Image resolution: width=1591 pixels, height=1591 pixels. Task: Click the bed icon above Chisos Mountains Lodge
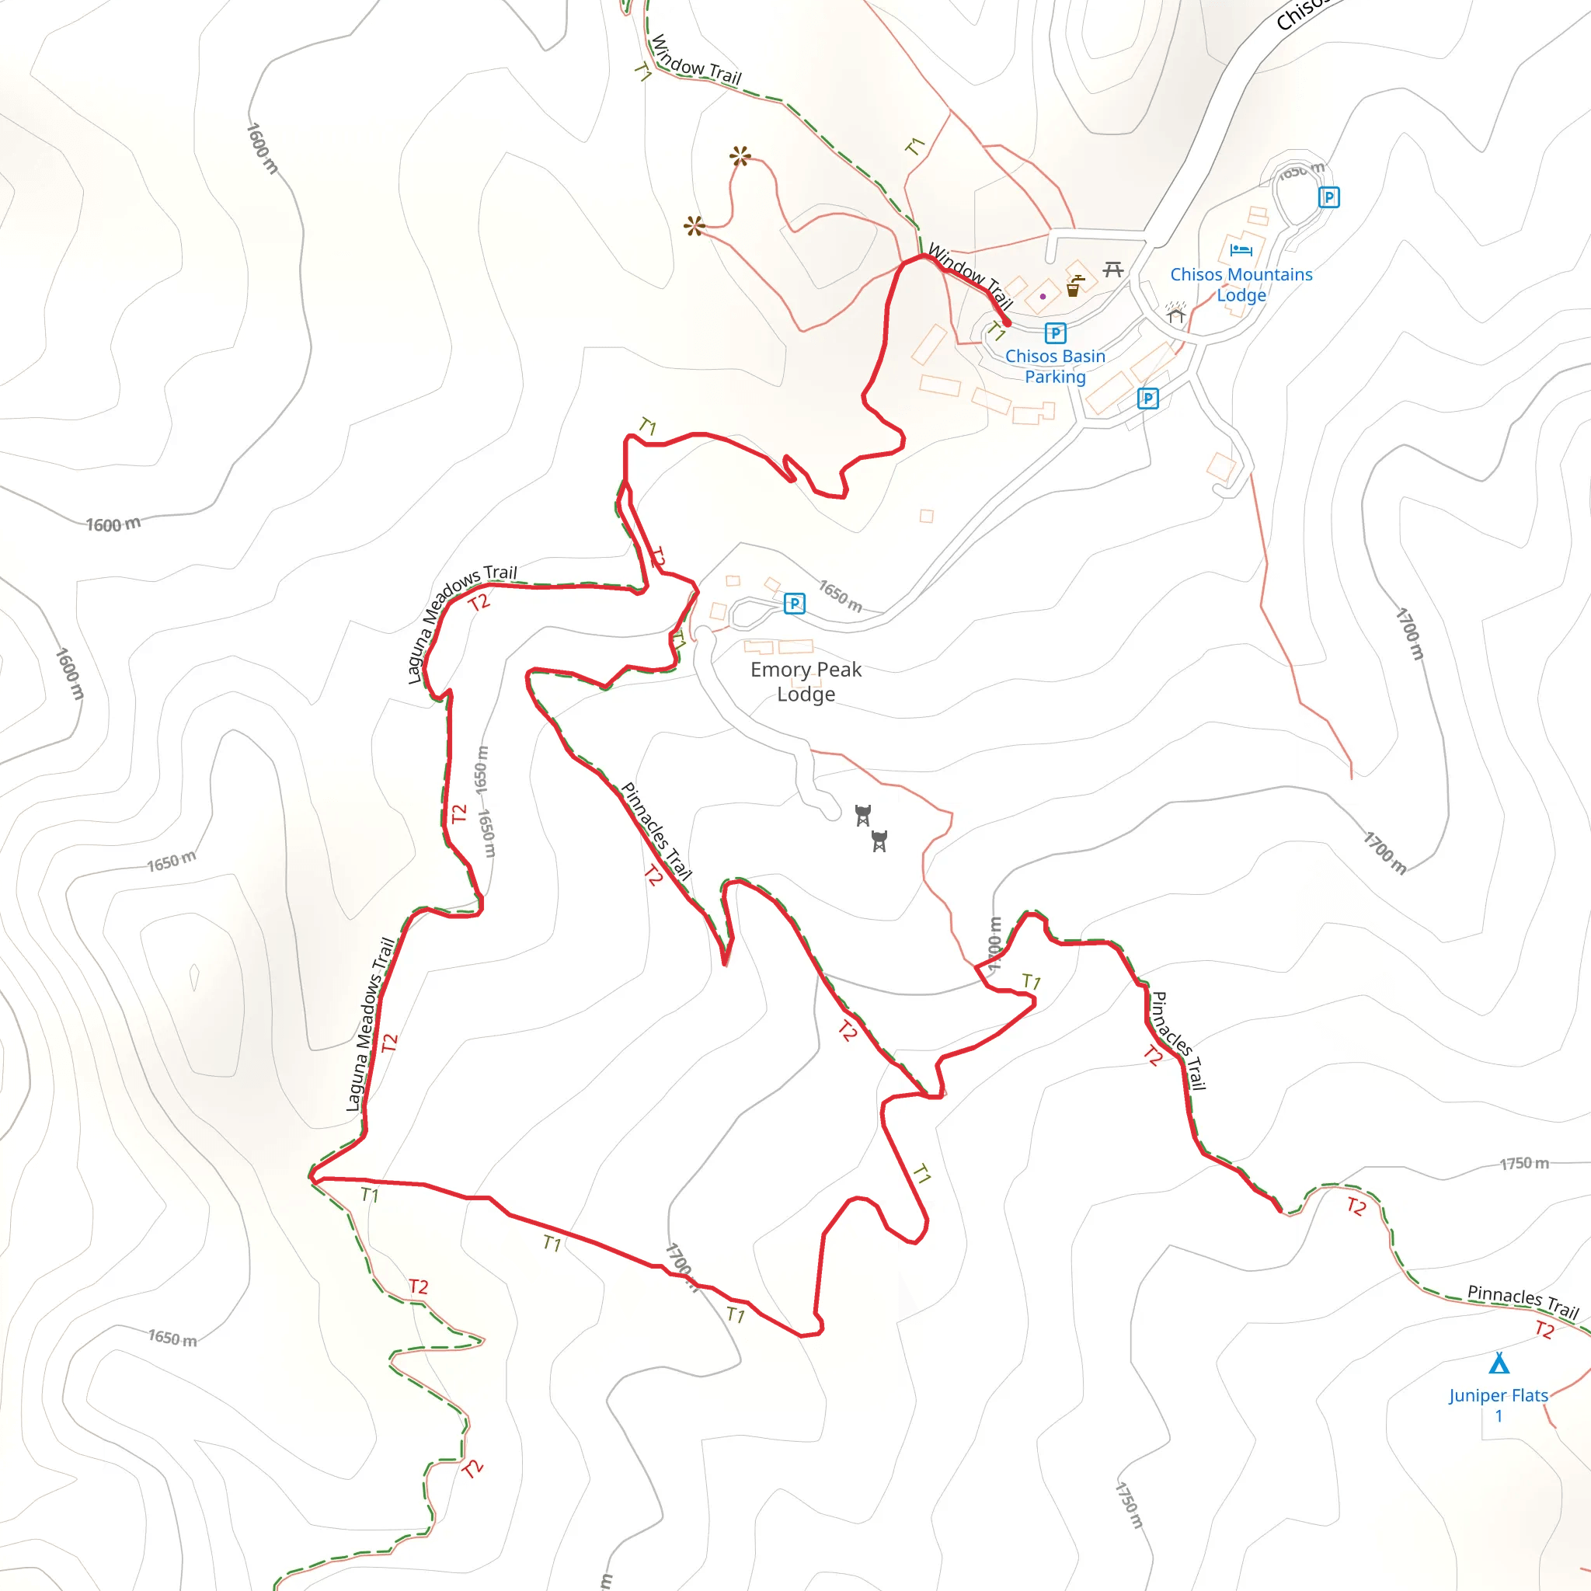tap(1240, 249)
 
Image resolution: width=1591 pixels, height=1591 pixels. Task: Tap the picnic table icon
tap(1113, 269)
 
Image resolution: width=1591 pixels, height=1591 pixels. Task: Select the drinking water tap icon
tap(1074, 286)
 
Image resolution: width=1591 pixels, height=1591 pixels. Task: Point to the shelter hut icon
tap(1175, 313)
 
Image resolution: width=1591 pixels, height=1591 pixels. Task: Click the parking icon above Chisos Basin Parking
tap(1055, 332)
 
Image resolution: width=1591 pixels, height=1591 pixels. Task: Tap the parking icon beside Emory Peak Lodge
tap(794, 604)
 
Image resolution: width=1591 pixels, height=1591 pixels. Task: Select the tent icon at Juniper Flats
tap(1499, 1363)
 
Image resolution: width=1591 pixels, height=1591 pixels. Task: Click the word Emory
tap(779, 670)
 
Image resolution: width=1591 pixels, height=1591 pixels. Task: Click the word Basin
tap(1083, 356)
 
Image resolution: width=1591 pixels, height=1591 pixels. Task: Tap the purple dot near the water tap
tap(1043, 297)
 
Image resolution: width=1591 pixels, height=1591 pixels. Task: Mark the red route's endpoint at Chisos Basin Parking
tap(1006, 323)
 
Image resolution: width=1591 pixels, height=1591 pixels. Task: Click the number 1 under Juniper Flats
tap(1499, 1415)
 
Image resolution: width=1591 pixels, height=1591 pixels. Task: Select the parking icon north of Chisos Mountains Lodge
tap(1328, 197)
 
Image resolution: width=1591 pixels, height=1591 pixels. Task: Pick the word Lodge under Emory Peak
tap(806, 695)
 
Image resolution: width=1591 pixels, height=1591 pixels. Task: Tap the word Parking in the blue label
tap(1055, 376)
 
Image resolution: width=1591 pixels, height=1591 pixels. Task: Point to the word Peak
tap(840, 670)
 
